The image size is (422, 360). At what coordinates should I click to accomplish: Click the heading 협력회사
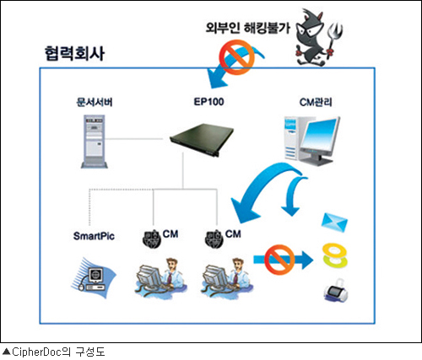point(74,53)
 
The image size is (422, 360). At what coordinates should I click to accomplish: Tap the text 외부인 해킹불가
point(248,28)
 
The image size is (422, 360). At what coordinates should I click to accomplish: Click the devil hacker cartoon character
point(312,37)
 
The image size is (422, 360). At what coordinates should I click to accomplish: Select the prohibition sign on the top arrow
point(236,57)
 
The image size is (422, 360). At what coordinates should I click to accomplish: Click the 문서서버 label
point(95,102)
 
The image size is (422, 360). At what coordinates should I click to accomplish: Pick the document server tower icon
point(95,142)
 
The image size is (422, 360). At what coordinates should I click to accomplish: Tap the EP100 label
point(208,101)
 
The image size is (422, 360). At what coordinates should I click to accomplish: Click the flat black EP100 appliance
point(202,139)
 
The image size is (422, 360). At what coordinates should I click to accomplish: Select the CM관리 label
point(316,102)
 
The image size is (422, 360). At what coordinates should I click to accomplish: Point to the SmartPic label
point(94,236)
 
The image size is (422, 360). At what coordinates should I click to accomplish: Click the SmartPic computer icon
point(94,278)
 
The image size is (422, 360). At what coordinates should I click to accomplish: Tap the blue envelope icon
point(334,223)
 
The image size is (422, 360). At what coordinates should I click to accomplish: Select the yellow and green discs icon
point(335,255)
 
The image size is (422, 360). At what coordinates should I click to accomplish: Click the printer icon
point(336,290)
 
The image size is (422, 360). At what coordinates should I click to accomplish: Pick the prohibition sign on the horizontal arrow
point(279,260)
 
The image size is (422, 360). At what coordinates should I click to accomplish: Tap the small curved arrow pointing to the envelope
point(292,196)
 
